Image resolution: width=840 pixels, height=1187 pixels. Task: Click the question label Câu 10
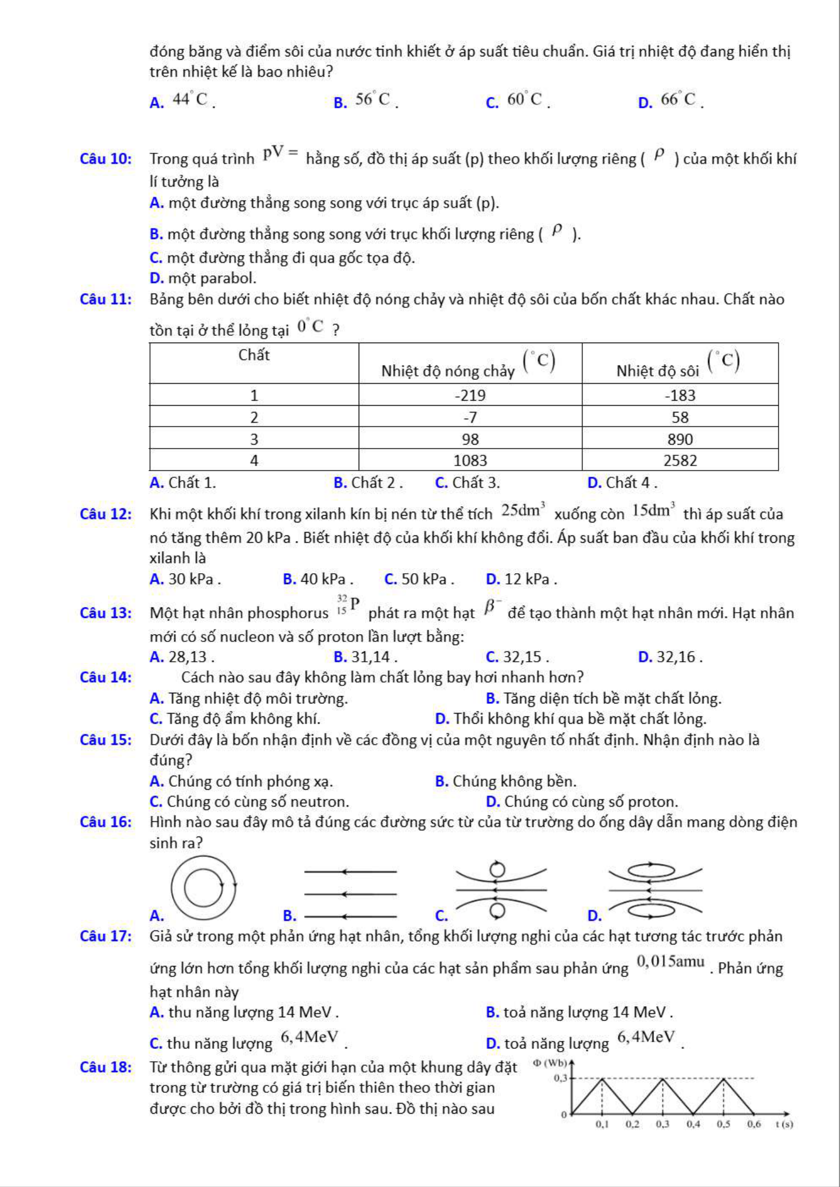coord(106,159)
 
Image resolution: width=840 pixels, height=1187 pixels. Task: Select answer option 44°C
coord(190,100)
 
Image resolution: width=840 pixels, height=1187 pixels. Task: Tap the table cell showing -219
coord(470,395)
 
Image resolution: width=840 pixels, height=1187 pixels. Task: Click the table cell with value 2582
coord(680,460)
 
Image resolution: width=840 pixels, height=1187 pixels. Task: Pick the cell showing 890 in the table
coord(680,439)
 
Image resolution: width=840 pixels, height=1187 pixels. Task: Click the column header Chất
coord(254,355)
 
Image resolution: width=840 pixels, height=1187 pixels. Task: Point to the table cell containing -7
coord(470,417)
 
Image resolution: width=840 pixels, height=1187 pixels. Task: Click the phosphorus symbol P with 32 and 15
coord(348,605)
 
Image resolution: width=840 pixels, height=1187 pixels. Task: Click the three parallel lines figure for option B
coord(351,894)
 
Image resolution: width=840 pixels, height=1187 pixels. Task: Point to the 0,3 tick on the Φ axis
coord(560,1078)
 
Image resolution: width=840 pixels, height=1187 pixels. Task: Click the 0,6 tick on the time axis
coord(754,1124)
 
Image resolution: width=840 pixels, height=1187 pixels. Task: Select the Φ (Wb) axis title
coord(550,1063)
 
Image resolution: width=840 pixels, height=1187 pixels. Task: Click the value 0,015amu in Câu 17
coord(671,962)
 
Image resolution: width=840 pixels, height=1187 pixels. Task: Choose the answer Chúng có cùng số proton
coord(591,801)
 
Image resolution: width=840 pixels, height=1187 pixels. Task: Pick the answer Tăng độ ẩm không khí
coord(243,719)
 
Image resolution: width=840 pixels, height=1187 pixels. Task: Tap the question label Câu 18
coord(106,1068)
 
